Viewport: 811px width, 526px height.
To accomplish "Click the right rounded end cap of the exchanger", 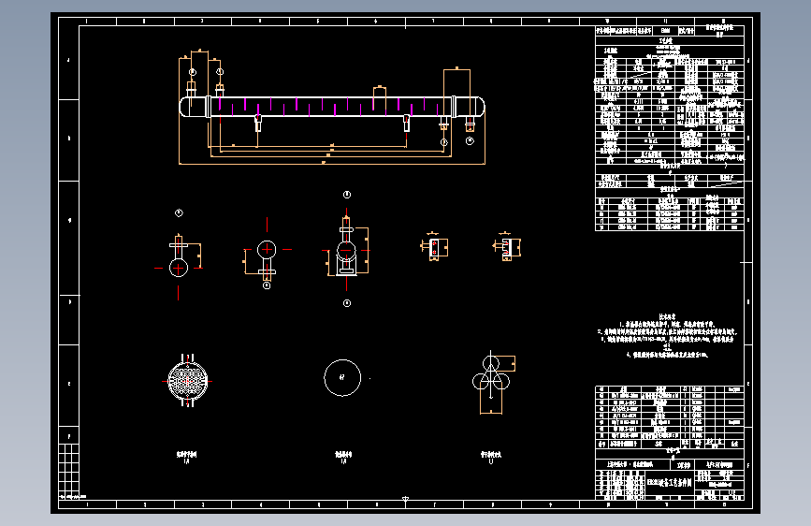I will point(478,107).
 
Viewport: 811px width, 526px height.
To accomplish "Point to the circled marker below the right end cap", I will point(470,139).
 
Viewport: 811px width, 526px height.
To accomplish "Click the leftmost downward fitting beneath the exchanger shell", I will point(258,123).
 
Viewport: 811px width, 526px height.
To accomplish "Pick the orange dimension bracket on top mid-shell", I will point(379,93).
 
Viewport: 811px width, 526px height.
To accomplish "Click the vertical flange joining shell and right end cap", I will point(454,106).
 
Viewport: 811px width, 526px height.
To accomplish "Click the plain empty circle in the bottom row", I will point(341,377).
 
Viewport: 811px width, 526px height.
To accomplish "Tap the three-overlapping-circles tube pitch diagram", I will point(491,374).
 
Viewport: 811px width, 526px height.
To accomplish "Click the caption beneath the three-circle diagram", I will point(490,456).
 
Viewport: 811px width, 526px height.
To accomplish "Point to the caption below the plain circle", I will point(341,456).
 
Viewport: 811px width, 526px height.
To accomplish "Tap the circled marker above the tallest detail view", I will point(347,195).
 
